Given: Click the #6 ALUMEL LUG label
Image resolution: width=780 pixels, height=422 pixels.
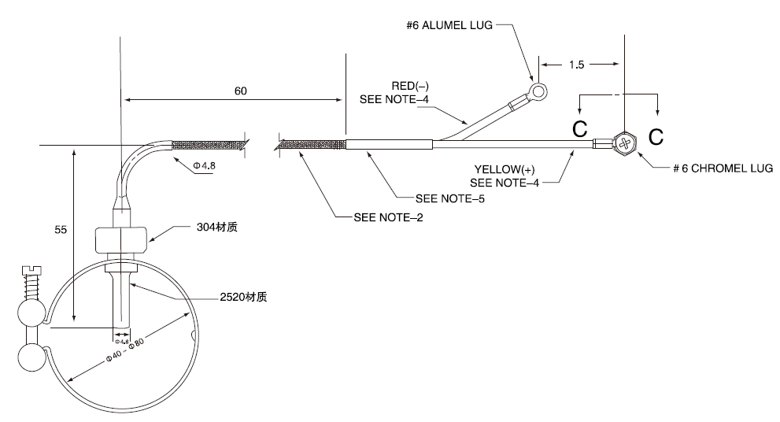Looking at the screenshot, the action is point(449,25).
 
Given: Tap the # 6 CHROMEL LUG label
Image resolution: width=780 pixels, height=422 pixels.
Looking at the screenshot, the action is point(723,168).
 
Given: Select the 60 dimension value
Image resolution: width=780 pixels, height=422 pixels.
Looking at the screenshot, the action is point(240,91).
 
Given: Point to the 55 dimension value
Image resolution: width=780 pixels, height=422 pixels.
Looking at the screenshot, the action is point(61,229).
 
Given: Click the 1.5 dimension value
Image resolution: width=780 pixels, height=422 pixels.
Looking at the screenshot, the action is point(577,65).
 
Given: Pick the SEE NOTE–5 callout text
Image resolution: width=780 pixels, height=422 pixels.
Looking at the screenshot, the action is point(449,198).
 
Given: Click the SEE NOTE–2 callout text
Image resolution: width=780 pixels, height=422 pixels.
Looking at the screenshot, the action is point(388,217).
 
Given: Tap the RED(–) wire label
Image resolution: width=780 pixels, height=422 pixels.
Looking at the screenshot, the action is point(410,86).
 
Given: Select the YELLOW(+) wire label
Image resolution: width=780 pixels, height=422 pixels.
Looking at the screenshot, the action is point(505,170).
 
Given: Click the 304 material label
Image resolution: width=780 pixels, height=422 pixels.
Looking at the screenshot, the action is point(217,227).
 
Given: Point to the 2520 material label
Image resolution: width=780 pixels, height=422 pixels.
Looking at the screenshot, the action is point(243,297).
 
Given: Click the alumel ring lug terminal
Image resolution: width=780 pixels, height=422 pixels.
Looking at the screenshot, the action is point(538,91).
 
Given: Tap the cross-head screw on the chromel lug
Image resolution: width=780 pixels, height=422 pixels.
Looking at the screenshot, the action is point(625,143).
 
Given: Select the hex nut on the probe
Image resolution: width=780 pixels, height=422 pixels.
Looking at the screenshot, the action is point(120,240).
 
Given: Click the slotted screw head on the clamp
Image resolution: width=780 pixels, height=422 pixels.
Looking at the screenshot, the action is point(31,271).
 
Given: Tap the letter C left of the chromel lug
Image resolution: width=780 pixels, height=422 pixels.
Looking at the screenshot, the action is point(580,129).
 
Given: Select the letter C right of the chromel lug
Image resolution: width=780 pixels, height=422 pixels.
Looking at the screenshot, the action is point(656,136).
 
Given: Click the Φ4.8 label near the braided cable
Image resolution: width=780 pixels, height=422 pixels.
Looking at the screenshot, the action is point(205,165).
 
